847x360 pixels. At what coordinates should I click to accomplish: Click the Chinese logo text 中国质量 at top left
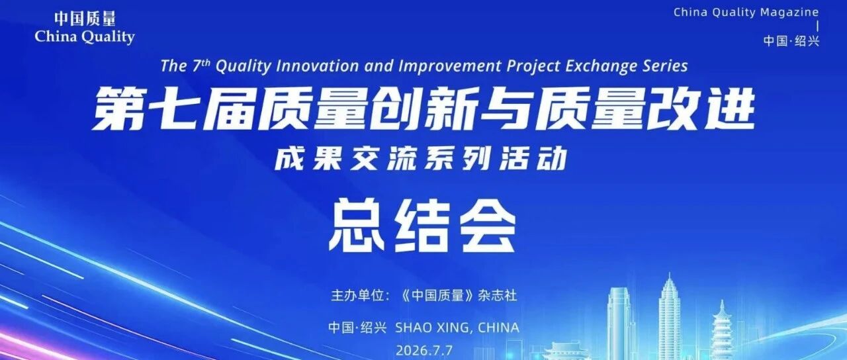[x=85, y=18]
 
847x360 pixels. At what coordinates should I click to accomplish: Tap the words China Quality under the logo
[x=85, y=37]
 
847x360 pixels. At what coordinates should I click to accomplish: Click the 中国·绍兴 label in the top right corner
[x=791, y=41]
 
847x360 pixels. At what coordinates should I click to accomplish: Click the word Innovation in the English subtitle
[x=317, y=66]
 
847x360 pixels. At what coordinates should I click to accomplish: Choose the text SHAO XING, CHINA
[x=457, y=328]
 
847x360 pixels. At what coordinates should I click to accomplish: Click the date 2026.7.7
[x=424, y=351]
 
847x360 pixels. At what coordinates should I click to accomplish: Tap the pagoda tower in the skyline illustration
[x=722, y=330]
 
